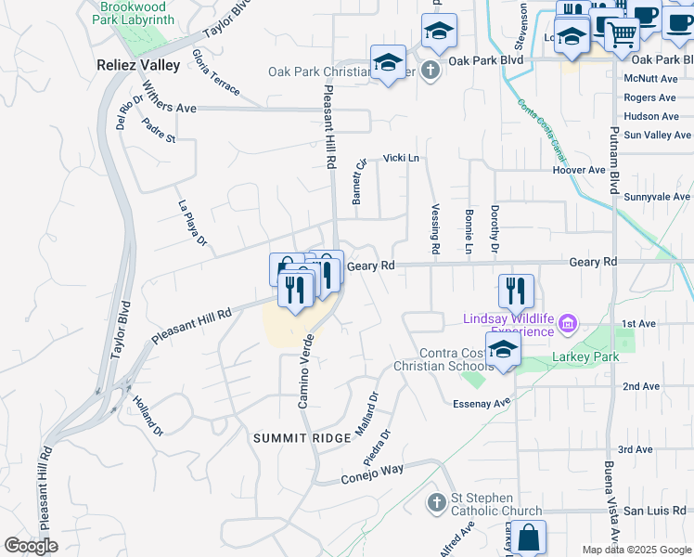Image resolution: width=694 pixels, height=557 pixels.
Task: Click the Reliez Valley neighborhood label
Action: tap(138, 65)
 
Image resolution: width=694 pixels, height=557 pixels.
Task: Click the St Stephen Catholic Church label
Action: tap(495, 504)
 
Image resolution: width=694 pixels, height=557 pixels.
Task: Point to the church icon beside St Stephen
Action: tap(437, 503)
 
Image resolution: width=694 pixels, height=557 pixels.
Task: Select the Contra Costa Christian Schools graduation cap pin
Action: tap(503, 350)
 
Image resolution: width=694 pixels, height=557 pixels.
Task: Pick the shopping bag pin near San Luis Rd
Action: tap(528, 538)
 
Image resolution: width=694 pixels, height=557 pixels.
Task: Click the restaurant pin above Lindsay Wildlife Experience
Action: tap(516, 291)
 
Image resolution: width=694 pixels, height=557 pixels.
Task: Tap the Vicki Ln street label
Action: tap(402, 158)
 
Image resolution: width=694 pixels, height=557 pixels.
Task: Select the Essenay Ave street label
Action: tap(482, 403)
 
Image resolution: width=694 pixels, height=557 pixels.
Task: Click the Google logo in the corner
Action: tap(31, 546)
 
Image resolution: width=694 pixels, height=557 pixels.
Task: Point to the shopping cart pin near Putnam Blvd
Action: tap(622, 33)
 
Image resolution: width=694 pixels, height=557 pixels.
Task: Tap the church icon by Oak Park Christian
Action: tap(430, 71)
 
